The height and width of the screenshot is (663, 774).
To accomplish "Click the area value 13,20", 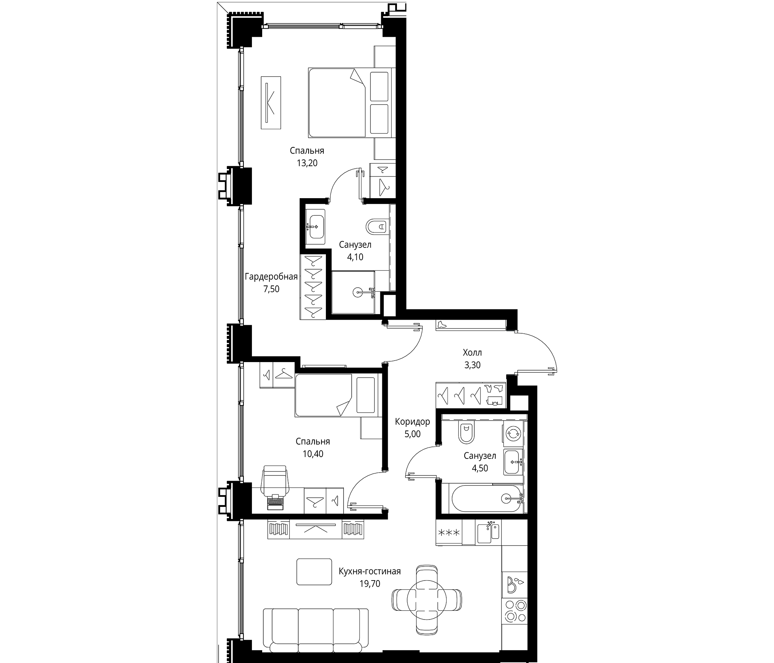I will coord(307,163).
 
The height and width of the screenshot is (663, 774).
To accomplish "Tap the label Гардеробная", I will coord(271,277).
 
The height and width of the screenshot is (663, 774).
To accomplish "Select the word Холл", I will coord(472,352).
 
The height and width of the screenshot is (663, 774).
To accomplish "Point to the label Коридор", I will coord(412,422).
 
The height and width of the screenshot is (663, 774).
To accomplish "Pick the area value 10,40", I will coord(313,454).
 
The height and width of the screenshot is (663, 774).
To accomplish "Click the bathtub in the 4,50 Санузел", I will coord(486,498).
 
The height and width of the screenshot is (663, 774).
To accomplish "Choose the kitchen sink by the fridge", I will coord(488,533).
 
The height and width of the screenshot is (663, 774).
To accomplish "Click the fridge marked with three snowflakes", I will coord(448,533).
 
